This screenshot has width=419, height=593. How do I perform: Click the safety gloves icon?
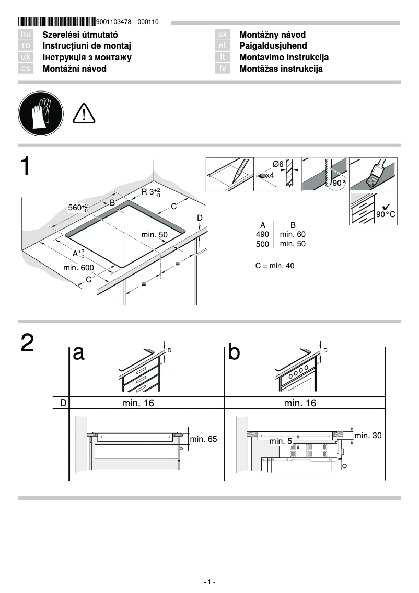40,113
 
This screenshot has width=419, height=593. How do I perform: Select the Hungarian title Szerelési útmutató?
76,35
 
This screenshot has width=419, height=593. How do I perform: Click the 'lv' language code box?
223,69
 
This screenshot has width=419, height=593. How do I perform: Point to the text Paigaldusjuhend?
273,46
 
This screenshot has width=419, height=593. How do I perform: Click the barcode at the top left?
56,22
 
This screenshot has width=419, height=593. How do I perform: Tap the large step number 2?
28,343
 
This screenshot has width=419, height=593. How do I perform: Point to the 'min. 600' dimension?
78,268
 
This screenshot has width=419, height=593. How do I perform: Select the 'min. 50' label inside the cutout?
155,235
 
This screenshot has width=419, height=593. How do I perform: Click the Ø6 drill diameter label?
278,164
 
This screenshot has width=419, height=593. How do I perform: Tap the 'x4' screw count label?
270,176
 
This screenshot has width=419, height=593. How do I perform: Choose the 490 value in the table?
262,235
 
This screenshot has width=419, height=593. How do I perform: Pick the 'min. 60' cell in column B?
293,235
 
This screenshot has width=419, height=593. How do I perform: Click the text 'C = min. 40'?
275,266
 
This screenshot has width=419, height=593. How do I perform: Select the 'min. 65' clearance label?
203,439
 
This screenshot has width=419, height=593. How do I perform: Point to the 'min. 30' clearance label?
367,435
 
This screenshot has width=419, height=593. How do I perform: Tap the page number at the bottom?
209,582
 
